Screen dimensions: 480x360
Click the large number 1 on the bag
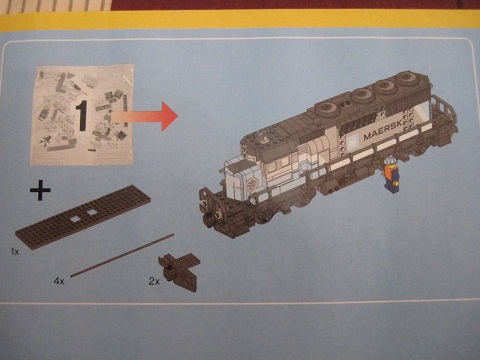[x=81, y=115]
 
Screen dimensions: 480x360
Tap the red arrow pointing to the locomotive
[x=145, y=117]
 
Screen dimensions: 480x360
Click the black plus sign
[x=40, y=191]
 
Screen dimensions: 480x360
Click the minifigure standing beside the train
[x=391, y=175]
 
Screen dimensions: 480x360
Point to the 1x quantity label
[x=15, y=252]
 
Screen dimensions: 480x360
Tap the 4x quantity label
[x=59, y=281]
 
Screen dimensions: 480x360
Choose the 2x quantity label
[x=154, y=281]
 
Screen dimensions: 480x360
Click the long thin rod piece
[x=122, y=255]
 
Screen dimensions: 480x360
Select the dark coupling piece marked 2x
[x=179, y=271]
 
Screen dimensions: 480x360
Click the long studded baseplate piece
[x=83, y=217]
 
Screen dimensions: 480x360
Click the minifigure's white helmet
[x=389, y=160]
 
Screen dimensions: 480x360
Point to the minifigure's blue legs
[x=391, y=186]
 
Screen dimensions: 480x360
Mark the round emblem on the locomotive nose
[x=252, y=184]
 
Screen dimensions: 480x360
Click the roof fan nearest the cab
[x=327, y=108]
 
